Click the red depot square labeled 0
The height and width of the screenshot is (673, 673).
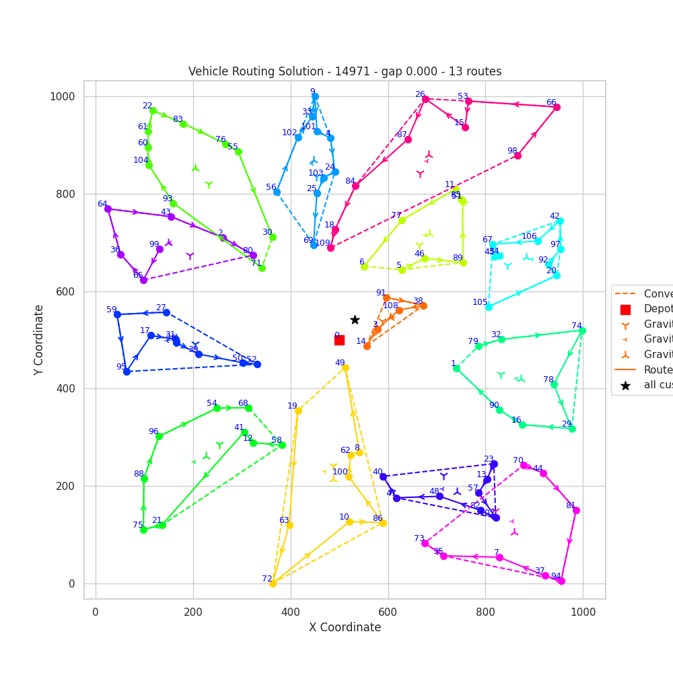(x=339, y=340)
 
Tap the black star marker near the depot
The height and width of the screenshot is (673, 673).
(x=355, y=320)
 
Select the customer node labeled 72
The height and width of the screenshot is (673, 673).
(x=273, y=583)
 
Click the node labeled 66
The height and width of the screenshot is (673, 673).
(x=557, y=107)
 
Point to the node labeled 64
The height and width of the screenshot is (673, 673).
(x=108, y=209)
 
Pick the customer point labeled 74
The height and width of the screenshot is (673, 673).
(x=582, y=330)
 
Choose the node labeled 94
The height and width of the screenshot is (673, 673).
(x=561, y=581)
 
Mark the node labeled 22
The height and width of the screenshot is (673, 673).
(x=153, y=110)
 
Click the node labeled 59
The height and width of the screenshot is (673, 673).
(x=117, y=314)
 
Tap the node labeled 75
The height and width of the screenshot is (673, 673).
(x=143, y=530)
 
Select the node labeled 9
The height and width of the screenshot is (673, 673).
(x=315, y=96)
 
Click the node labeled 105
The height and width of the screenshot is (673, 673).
(x=489, y=307)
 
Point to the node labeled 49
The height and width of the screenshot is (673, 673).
(x=345, y=367)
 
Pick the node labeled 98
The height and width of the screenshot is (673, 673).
(x=518, y=155)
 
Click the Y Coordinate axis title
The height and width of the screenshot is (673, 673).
(x=38, y=340)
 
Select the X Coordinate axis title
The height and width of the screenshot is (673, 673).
(x=345, y=627)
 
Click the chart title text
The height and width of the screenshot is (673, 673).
(x=345, y=71)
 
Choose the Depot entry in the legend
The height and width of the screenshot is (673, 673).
(x=657, y=310)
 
